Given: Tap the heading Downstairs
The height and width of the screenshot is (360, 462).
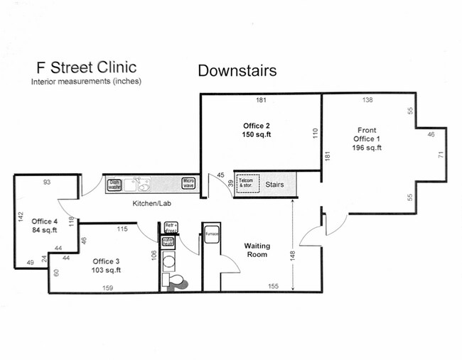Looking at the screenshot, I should [x=237, y=70].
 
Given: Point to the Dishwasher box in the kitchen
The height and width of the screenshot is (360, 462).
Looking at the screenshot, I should [x=114, y=185].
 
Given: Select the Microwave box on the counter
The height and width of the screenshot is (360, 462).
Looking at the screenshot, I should [x=188, y=184].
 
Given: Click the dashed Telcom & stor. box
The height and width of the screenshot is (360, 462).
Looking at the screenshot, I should [x=247, y=183].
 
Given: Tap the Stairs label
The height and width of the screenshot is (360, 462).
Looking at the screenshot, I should [x=275, y=185].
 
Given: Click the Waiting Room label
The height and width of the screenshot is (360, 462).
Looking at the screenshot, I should [x=257, y=249].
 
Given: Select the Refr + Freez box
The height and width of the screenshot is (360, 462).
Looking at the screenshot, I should [x=171, y=228].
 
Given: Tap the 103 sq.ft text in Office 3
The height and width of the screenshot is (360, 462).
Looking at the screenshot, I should [x=107, y=270].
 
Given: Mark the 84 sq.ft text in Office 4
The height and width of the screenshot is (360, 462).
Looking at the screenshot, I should [x=44, y=229].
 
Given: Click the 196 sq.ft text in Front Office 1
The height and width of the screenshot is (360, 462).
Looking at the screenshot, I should [x=367, y=148].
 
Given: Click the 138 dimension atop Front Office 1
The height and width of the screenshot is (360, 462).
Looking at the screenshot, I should [x=367, y=100].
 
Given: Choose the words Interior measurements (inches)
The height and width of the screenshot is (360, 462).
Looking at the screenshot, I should [x=86, y=82].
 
